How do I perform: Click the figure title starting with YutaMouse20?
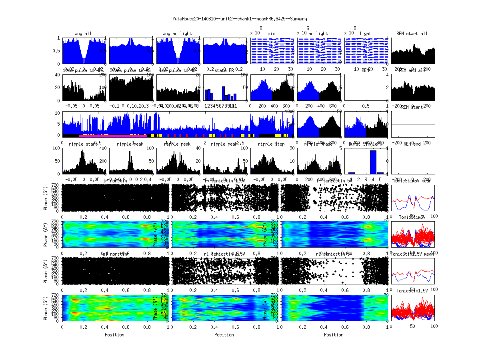240,19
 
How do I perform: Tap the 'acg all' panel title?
83,34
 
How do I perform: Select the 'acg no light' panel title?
177,34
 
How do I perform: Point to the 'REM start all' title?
412,34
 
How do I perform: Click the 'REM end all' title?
412,70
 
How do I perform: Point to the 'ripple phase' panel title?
318,144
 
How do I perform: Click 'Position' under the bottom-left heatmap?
114,335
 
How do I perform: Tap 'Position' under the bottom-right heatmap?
334,335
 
